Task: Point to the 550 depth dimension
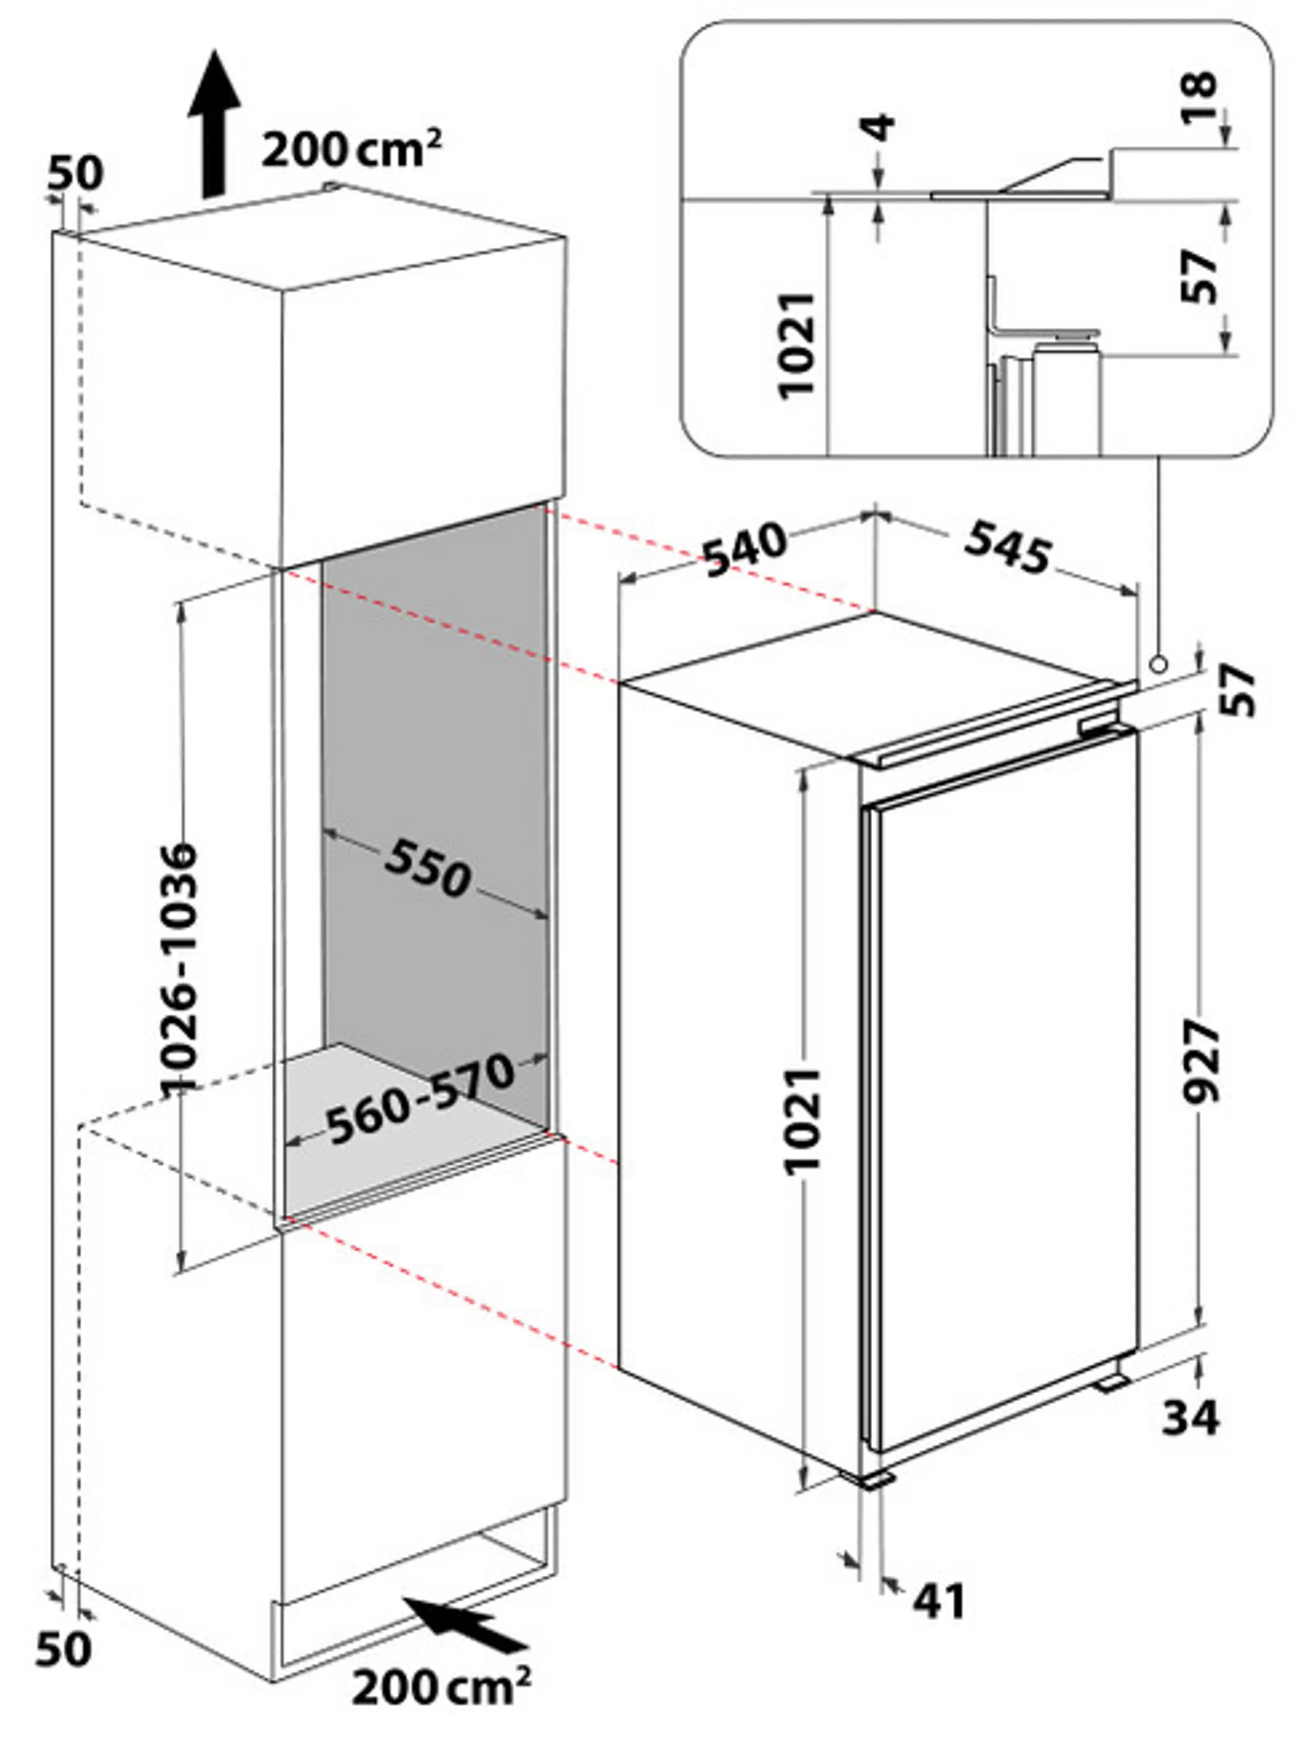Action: (x=428, y=869)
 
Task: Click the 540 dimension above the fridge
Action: (x=744, y=548)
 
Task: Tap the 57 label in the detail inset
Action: (x=1201, y=276)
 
